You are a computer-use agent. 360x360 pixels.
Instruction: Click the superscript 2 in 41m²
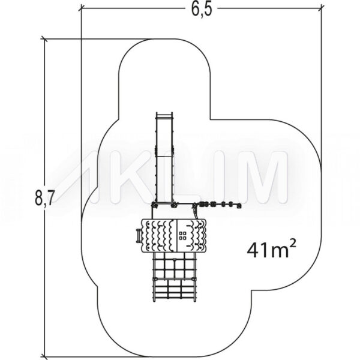(x=292, y=244)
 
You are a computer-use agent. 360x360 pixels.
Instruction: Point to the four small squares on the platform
(x=183, y=236)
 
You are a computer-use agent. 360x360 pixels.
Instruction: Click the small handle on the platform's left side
(x=139, y=236)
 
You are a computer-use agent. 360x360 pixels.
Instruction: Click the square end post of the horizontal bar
(x=239, y=206)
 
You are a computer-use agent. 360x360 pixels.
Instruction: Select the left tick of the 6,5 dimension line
(x=82, y=8)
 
